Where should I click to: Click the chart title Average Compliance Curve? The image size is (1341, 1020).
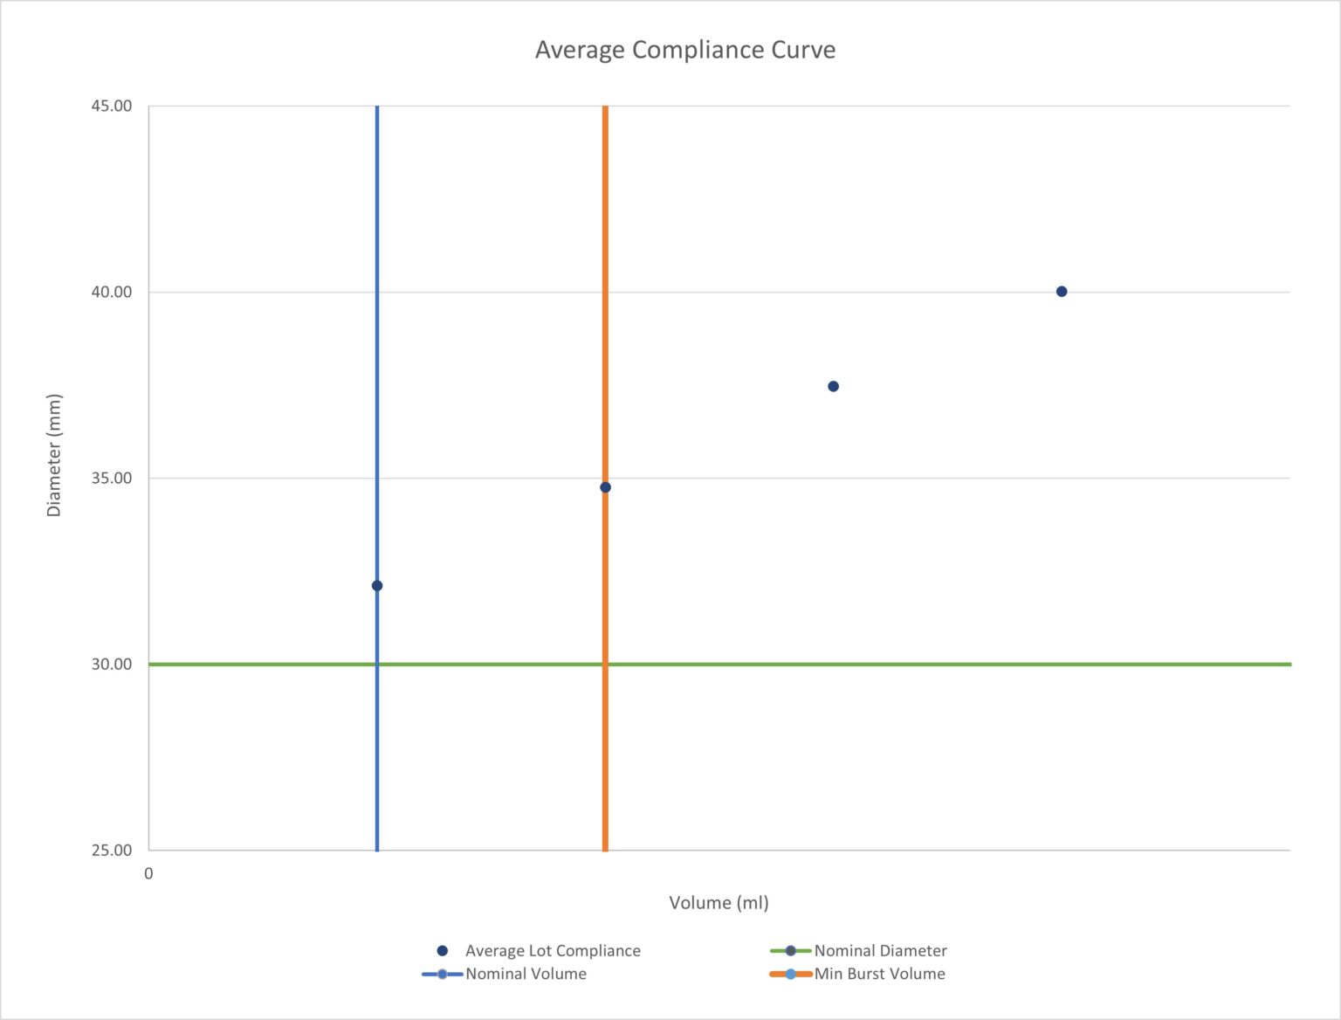[x=684, y=50]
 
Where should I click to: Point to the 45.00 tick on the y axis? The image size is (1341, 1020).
[x=112, y=106]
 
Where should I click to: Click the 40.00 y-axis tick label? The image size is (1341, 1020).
[x=112, y=292]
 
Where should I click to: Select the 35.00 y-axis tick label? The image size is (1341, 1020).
[x=112, y=478]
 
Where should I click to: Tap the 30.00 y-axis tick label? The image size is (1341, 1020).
[x=112, y=664]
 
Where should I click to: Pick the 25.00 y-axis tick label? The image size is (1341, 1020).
[x=112, y=850]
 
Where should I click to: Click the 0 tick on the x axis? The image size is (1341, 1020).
[x=148, y=873]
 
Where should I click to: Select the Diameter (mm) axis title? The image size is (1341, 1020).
[x=54, y=455]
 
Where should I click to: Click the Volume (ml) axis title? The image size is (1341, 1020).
[x=719, y=902]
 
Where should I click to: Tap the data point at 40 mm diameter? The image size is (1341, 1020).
[x=1062, y=292]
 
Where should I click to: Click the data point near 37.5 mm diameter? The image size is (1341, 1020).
[x=833, y=386]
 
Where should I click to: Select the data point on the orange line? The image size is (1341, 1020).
[x=605, y=487]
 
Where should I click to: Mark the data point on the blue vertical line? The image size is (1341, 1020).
[x=377, y=585]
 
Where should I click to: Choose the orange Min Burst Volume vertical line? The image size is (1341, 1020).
[x=605, y=262]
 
